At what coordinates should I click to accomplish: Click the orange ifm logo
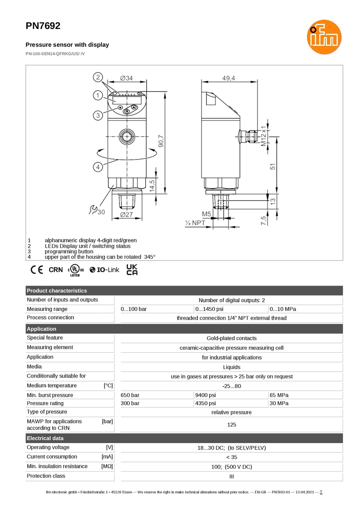pos(324,37)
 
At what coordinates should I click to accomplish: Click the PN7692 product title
pos(43,26)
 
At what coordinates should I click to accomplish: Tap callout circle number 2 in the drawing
pos(98,77)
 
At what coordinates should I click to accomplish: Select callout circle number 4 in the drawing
pos(98,167)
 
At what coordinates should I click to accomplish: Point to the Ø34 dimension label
pos(126,78)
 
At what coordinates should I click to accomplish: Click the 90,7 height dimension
pos(161,141)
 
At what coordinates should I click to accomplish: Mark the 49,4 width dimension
pos(229,78)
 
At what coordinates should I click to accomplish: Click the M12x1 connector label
pos(263,136)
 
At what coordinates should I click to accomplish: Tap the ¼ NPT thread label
pos(195,223)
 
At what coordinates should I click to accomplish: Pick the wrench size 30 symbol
pos(97,210)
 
